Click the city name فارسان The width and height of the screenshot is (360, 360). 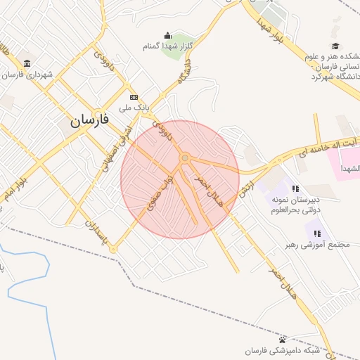[89, 120]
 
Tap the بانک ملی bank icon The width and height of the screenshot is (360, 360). [134, 98]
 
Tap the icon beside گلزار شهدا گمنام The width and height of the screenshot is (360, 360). [167, 36]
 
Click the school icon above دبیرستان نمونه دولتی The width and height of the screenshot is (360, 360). [295, 188]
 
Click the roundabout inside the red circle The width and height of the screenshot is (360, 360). [184, 159]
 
